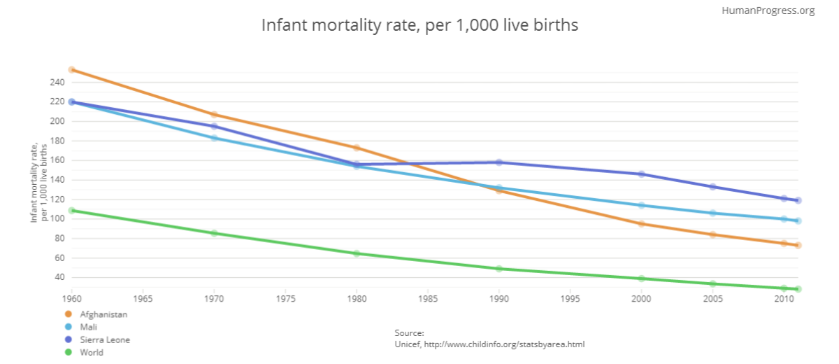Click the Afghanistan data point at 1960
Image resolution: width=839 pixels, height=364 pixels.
pos(71,70)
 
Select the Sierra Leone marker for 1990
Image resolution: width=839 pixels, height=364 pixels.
pos(499,162)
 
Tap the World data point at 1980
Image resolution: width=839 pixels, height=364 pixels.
pos(357,253)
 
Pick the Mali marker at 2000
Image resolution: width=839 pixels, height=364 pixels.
pos(641,205)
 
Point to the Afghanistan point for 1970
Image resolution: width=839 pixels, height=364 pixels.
pos(214,115)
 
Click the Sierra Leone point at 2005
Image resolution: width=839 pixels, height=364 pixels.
pos(712,187)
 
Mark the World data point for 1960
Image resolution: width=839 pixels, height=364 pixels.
pos(71,210)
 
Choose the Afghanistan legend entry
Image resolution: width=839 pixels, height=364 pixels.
pos(103,314)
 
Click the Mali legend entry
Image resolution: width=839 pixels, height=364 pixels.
pos(89,327)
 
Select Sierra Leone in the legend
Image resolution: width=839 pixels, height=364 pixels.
pos(104,339)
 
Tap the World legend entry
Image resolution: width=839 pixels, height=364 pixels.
pos(92,352)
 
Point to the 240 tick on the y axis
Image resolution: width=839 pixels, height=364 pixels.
pos(57,83)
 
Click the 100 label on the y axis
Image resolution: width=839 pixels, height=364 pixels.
pos(57,219)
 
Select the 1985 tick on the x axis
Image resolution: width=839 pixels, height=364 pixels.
pos(428,299)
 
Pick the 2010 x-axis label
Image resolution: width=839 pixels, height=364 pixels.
pos(784,299)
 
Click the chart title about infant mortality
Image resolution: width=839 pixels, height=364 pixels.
pos(419,25)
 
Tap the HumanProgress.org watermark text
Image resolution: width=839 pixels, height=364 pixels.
pos(777,10)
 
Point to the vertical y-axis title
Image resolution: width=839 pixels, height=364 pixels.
pos(38,181)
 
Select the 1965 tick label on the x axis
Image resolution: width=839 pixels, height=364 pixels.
pos(143,299)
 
